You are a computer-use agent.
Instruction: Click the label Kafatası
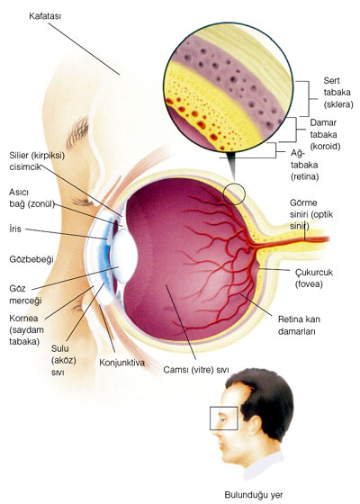(x=45, y=16)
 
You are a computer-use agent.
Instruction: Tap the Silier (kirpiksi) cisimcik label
(x=37, y=161)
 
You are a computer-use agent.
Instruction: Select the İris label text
(x=15, y=229)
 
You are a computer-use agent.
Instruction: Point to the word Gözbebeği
(x=31, y=259)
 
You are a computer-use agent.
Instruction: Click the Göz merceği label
(x=26, y=294)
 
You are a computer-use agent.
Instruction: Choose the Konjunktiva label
(x=121, y=363)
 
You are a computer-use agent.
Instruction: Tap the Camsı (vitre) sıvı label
(x=196, y=370)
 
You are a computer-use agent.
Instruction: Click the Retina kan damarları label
(x=299, y=325)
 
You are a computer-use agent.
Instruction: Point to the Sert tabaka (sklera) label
(x=338, y=93)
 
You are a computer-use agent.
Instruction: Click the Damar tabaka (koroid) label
(x=325, y=134)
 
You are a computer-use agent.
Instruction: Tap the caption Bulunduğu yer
(x=254, y=495)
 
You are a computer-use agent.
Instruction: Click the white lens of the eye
(x=125, y=256)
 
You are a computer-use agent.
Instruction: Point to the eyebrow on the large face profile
(x=77, y=131)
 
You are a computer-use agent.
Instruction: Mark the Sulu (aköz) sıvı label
(x=64, y=360)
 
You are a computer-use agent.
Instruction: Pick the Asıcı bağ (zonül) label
(x=31, y=198)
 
